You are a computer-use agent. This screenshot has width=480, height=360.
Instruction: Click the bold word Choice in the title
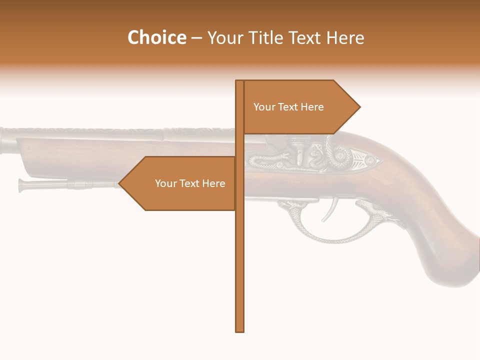(x=156, y=37)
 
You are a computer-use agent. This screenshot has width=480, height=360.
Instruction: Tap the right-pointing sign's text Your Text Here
(x=288, y=107)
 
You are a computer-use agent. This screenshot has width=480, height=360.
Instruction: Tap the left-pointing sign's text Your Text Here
(x=190, y=183)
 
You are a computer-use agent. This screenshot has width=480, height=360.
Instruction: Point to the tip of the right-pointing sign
(x=359, y=106)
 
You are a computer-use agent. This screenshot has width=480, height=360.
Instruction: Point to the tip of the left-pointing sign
(x=119, y=183)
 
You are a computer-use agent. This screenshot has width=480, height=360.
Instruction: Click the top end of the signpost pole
(x=239, y=81)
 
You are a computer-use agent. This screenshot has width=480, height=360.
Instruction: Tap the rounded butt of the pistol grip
(x=450, y=270)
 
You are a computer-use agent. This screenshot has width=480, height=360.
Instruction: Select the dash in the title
(x=196, y=38)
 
